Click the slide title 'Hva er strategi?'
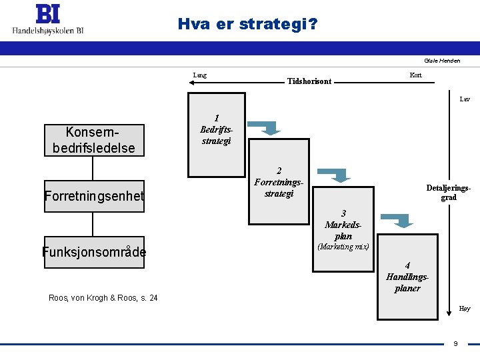point(247,25)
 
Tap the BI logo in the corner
point(48,21)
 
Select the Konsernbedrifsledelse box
point(94,140)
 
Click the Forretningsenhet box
point(94,196)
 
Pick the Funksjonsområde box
point(94,252)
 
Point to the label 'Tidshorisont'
point(309,81)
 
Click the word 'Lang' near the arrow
point(199,75)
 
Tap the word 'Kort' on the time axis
point(415,75)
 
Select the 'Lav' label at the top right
point(465,99)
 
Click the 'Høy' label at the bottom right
point(465,309)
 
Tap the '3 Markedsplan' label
point(343,225)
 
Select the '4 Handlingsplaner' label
point(407,277)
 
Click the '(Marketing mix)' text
point(343,247)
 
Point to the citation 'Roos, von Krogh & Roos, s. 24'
point(103,298)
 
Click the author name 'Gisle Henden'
point(442,61)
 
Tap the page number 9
point(455,343)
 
